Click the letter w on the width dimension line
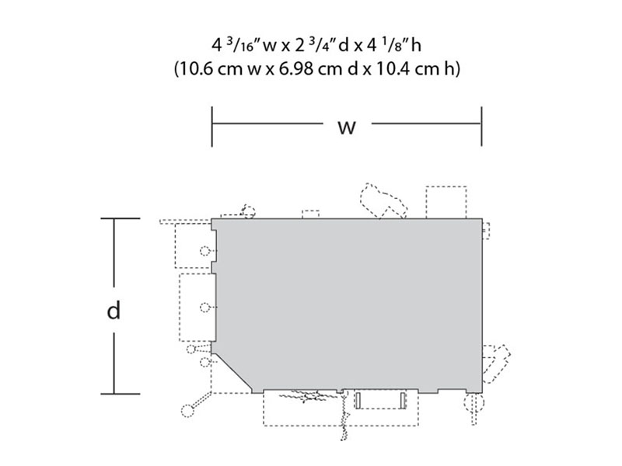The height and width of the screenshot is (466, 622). coord(347,127)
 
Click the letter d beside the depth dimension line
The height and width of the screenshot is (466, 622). coord(114,310)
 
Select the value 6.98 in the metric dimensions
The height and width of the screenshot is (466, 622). coord(296,69)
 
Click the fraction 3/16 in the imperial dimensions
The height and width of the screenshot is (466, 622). coord(243,44)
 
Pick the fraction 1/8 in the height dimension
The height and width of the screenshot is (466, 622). coord(396,44)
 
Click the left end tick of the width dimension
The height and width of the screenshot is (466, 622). coord(212,127)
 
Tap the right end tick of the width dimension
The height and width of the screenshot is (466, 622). coord(481,127)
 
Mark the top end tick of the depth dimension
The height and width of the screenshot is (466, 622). coord(121,218)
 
